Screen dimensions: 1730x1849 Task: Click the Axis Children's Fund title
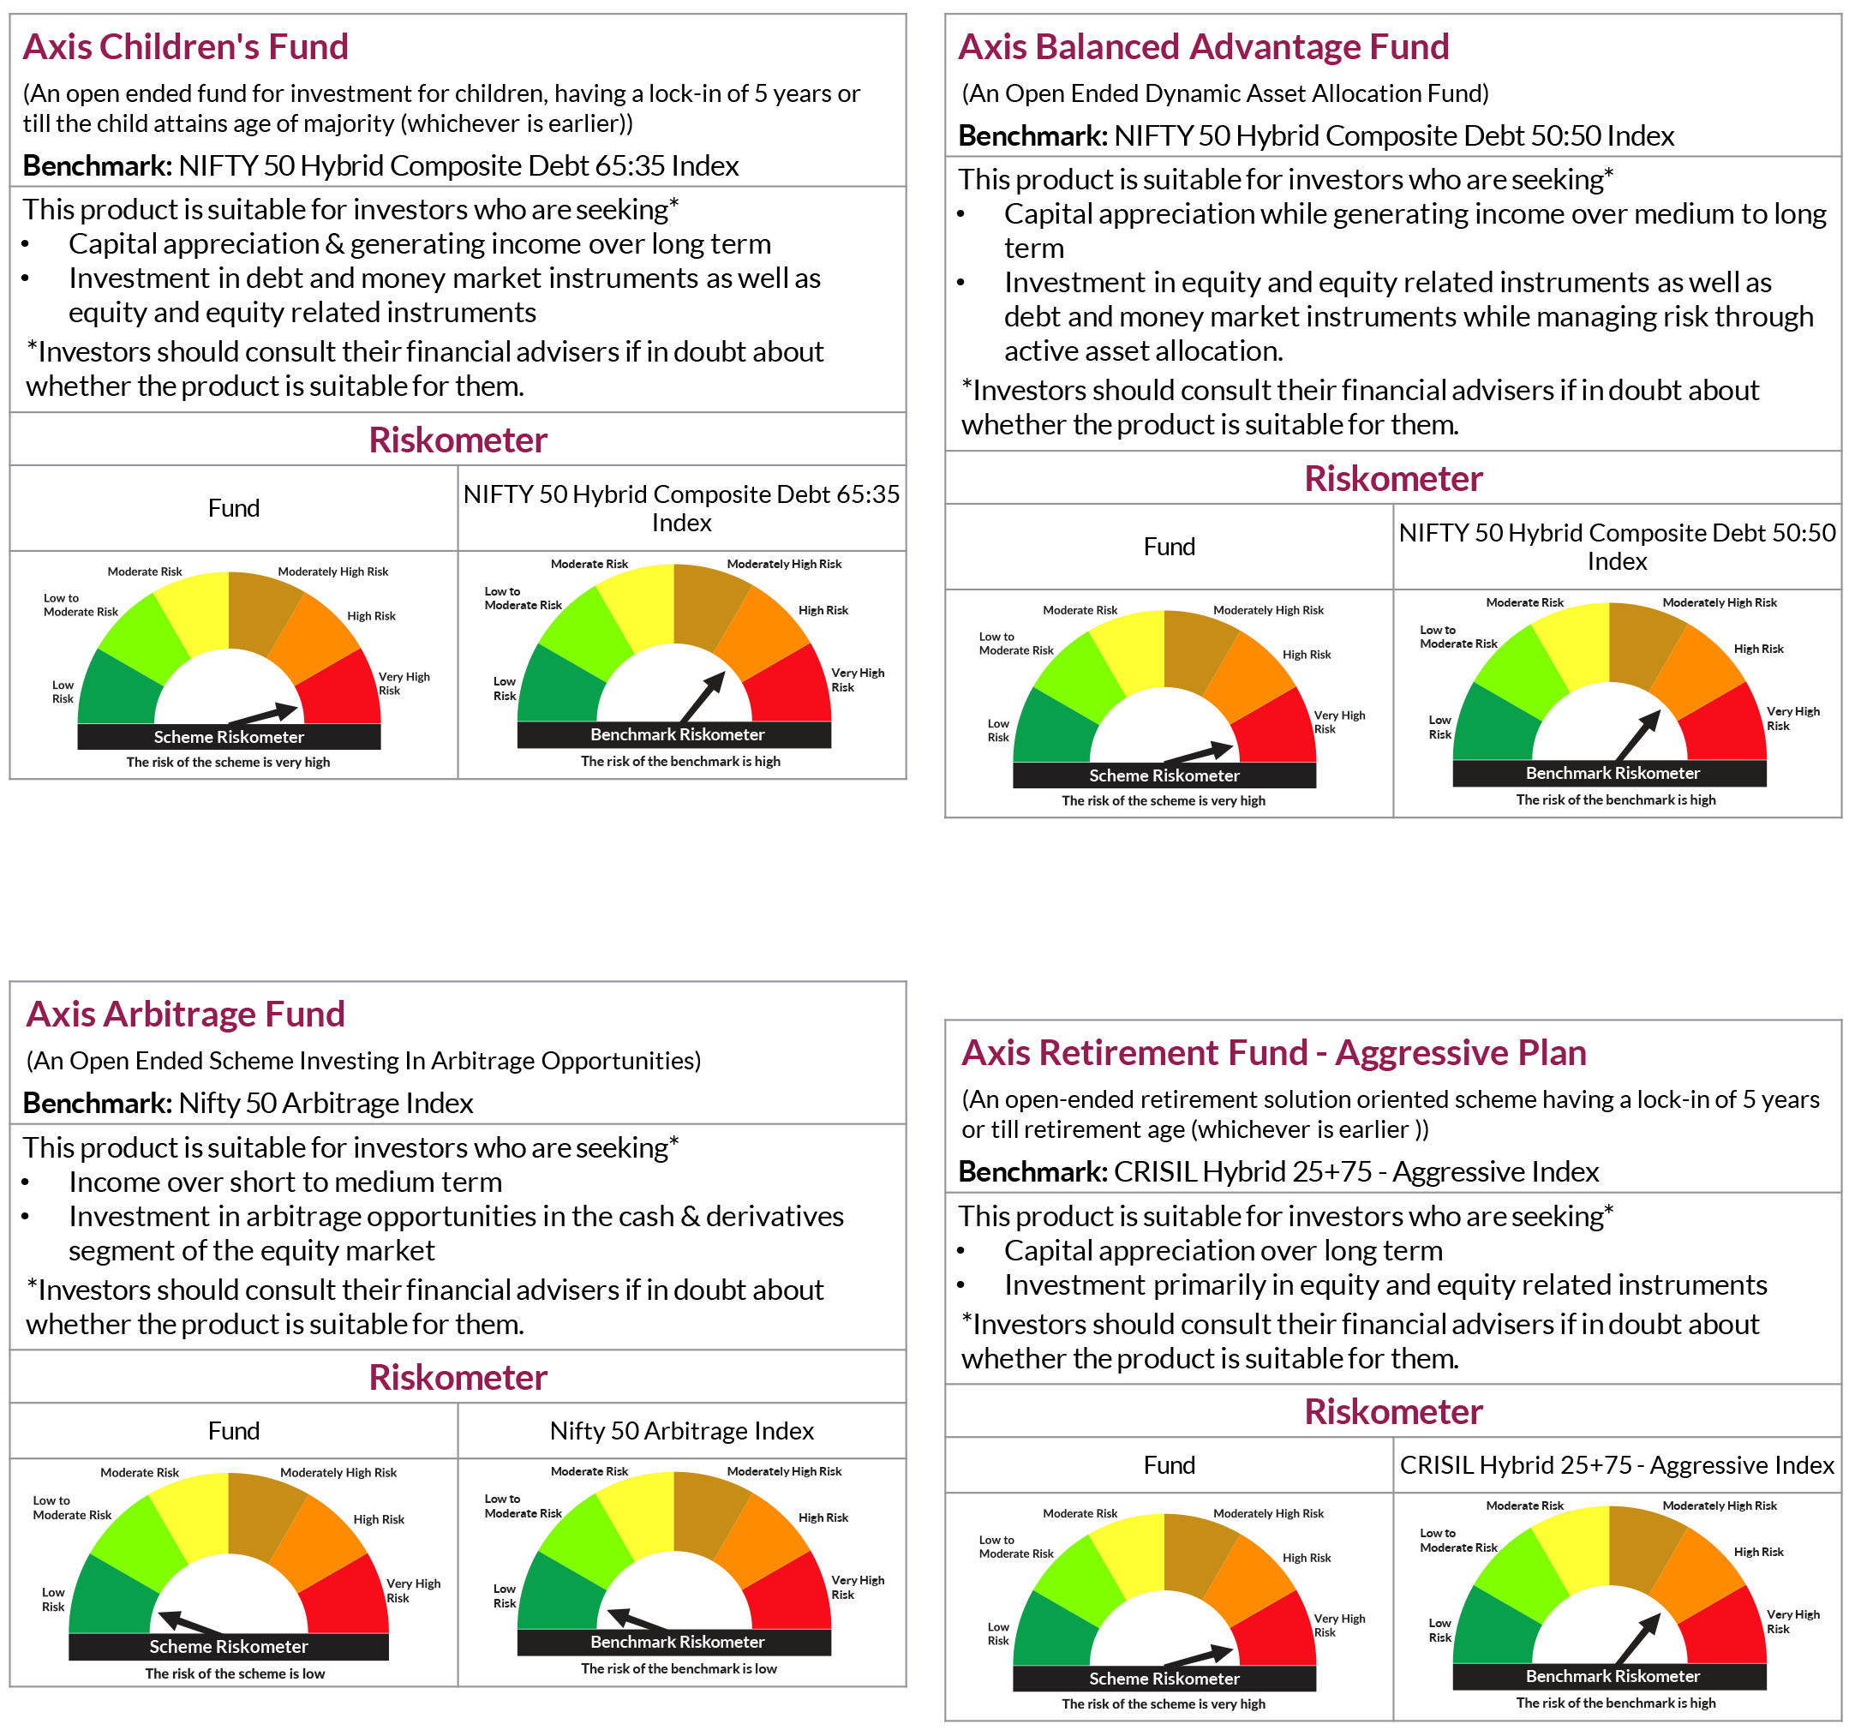click(x=185, y=46)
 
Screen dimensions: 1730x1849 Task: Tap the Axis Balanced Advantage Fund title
click(x=1203, y=46)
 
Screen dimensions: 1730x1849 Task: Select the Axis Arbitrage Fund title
click(x=185, y=1014)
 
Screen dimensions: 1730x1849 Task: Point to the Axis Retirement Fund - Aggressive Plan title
click(x=1273, y=1053)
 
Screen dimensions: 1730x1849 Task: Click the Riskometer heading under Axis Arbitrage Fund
click(x=458, y=1378)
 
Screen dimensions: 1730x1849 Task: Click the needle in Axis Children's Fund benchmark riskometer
click(x=703, y=696)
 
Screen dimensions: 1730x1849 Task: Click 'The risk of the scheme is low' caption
click(x=235, y=1673)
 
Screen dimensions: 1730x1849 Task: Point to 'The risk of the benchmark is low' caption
click(x=679, y=1668)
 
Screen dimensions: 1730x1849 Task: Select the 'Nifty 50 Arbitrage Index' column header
click(x=682, y=1430)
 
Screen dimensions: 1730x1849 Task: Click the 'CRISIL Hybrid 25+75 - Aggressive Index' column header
click(x=1617, y=1465)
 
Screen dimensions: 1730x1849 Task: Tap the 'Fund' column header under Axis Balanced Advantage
click(x=1169, y=547)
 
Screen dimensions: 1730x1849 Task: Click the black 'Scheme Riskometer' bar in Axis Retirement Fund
click(x=1164, y=1679)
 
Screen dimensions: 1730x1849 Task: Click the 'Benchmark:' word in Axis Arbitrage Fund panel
click(x=97, y=1103)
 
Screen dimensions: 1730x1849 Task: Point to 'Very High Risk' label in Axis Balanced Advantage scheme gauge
click(x=1338, y=721)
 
